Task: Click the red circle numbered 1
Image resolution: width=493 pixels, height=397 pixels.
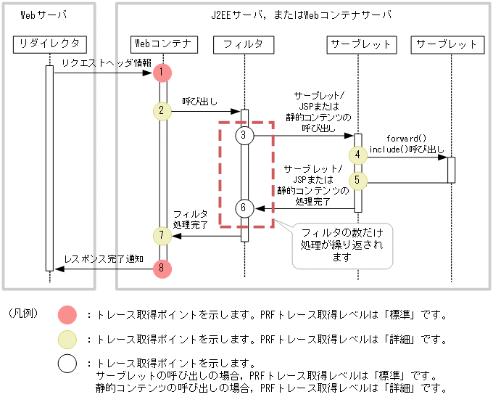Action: pos(163,73)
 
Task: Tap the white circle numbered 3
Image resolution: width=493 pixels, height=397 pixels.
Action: pos(244,135)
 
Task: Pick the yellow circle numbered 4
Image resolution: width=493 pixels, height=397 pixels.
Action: pos(357,155)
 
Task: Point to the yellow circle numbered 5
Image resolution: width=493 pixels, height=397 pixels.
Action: pos(357,180)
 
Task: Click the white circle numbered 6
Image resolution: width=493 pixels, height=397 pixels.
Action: pos(244,208)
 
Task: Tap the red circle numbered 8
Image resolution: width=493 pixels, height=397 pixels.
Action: pos(163,268)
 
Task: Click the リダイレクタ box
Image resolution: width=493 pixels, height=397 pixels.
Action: pos(50,45)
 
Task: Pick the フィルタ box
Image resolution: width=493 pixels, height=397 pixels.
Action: pos(244,45)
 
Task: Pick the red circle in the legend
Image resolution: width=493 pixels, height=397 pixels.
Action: pos(67,315)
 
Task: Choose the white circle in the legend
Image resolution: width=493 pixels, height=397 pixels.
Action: pos(67,365)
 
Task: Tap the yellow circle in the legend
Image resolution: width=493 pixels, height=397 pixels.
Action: pos(67,339)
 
